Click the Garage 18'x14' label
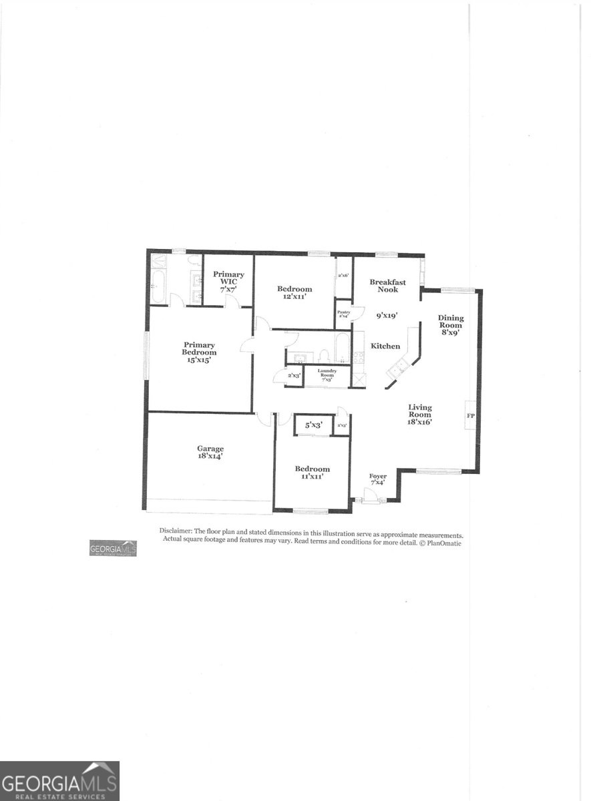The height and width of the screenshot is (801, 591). point(210,453)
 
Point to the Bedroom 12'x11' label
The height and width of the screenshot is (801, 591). point(294,293)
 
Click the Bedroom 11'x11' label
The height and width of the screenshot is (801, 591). point(313,473)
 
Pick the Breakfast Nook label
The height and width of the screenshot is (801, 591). point(388,286)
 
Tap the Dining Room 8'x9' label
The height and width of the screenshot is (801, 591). point(451,325)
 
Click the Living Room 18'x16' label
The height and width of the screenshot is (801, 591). point(421,414)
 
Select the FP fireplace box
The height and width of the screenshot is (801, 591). point(470,416)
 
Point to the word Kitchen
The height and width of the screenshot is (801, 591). point(385,346)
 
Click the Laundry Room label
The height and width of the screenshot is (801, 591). point(327,374)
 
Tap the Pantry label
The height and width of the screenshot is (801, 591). point(343,314)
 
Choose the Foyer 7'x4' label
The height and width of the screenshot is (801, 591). point(378,479)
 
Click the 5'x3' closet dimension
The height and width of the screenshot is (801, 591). point(314,425)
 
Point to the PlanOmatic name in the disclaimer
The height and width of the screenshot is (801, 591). point(443,543)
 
